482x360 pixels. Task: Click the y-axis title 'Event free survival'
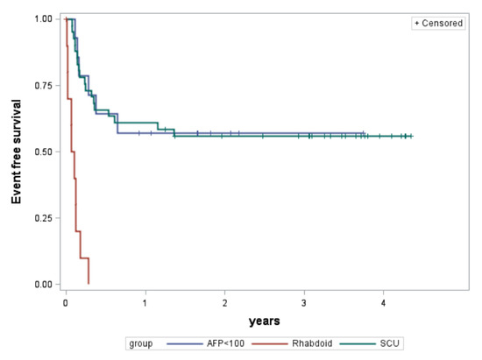click(x=17, y=151)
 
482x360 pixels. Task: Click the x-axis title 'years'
click(x=264, y=321)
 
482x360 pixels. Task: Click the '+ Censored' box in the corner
click(x=439, y=24)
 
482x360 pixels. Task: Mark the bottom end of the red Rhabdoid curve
click(x=89, y=283)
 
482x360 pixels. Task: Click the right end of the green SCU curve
click(x=412, y=136)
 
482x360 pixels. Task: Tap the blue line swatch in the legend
click(x=184, y=344)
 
